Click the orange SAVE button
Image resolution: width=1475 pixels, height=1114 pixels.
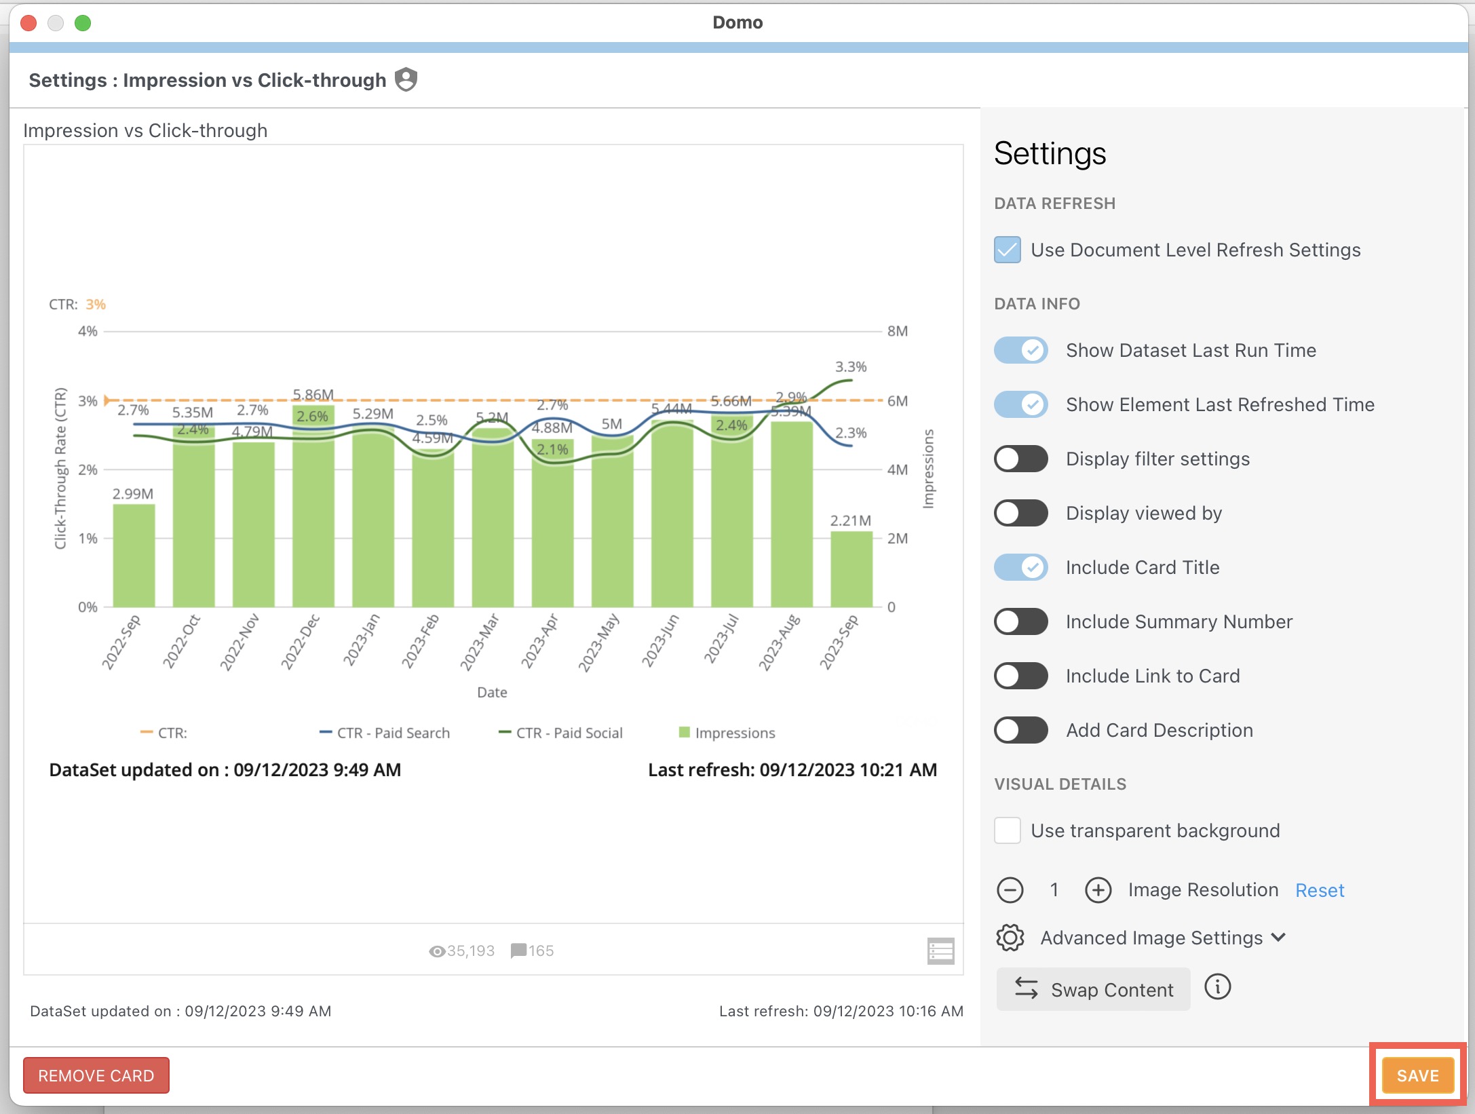coord(1417,1075)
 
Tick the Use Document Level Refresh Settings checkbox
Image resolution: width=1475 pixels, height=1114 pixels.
coord(1008,250)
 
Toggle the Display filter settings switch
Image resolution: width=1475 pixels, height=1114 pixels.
coord(1020,459)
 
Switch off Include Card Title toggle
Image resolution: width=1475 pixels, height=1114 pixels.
coord(1020,567)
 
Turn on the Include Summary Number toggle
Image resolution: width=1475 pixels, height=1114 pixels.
coord(1020,621)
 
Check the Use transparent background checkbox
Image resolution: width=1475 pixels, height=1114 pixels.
coord(1008,830)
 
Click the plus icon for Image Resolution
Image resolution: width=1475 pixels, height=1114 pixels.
coord(1098,890)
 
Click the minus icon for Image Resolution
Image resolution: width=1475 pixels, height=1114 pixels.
coord(1010,890)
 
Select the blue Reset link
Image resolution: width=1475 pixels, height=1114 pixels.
coord(1319,890)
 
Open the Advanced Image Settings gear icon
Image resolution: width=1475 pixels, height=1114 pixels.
coord(1010,938)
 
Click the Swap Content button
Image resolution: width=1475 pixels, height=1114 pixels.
coord(1093,990)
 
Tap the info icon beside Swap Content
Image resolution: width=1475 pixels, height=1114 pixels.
coord(1217,987)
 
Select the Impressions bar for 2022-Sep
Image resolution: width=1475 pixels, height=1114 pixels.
coord(134,556)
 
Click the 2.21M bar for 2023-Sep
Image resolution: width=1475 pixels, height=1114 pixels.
coord(851,570)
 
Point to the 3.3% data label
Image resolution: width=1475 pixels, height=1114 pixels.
coord(851,367)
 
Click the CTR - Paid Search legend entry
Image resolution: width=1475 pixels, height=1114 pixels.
coord(385,733)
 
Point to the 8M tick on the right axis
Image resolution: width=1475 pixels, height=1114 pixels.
coord(897,331)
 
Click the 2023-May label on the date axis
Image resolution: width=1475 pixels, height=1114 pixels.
coord(598,642)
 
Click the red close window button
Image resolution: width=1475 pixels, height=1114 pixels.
coord(28,23)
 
